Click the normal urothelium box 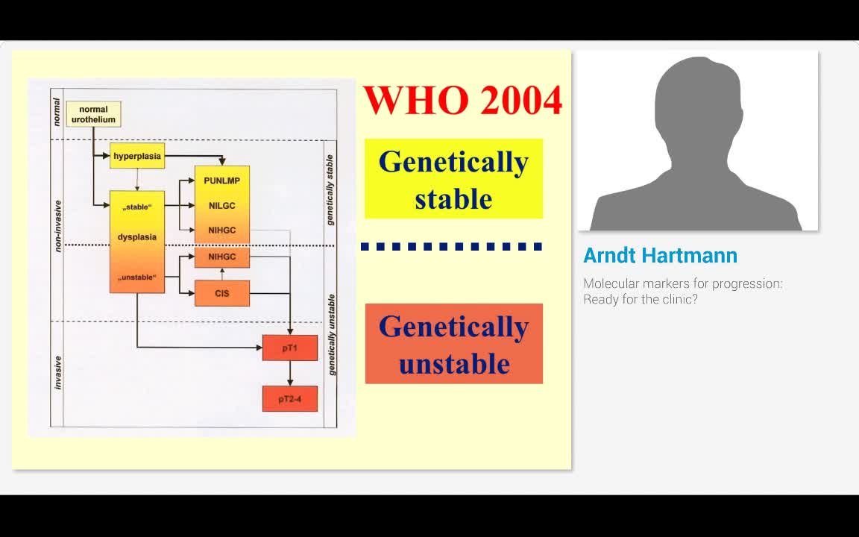pos(93,114)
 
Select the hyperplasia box pos(137,156)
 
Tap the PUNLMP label pos(222,180)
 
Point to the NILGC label pos(222,206)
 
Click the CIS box pos(222,293)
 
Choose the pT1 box pos(290,348)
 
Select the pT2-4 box pos(290,399)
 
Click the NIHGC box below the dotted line pos(222,257)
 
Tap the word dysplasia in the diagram pos(137,237)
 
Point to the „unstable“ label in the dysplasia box pos(137,277)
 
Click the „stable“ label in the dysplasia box pos(137,207)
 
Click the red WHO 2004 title pos(463,100)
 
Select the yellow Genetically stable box pos(453,179)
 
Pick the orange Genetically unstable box pos(453,344)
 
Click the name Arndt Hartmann pos(660,255)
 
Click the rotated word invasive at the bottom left pos(57,373)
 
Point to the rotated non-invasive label pos(57,226)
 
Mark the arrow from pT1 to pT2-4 pos(290,373)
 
